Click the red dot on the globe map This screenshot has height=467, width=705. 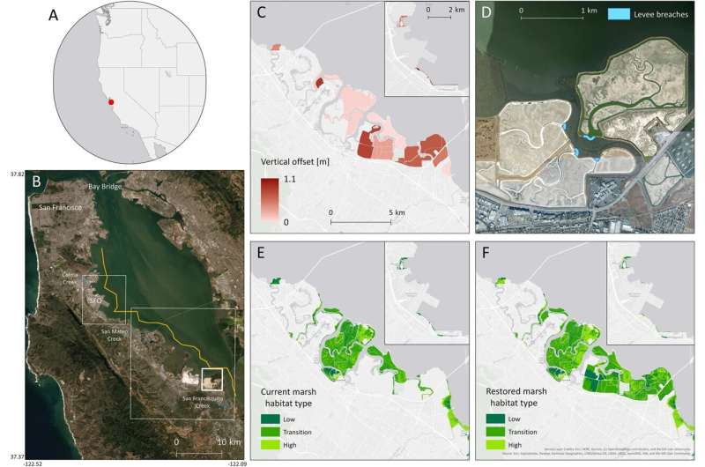(x=111, y=102)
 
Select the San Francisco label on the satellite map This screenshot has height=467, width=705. (x=60, y=207)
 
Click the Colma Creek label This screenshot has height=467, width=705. (x=76, y=275)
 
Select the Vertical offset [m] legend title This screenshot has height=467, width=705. (x=298, y=163)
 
